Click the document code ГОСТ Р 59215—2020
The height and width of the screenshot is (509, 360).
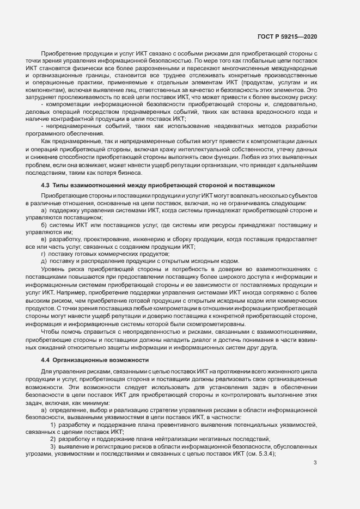(x=288, y=36)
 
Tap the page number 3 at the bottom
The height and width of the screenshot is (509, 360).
(x=315, y=463)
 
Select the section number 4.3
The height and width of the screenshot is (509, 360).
(x=46, y=186)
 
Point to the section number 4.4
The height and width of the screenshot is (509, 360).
(x=46, y=360)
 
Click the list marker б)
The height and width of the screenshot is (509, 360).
(x=44, y=224)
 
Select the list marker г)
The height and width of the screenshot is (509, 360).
(x=44, y=254)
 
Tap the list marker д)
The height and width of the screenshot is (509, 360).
(x=44, y=261)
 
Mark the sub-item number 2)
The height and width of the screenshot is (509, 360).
(x=53, y=438)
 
